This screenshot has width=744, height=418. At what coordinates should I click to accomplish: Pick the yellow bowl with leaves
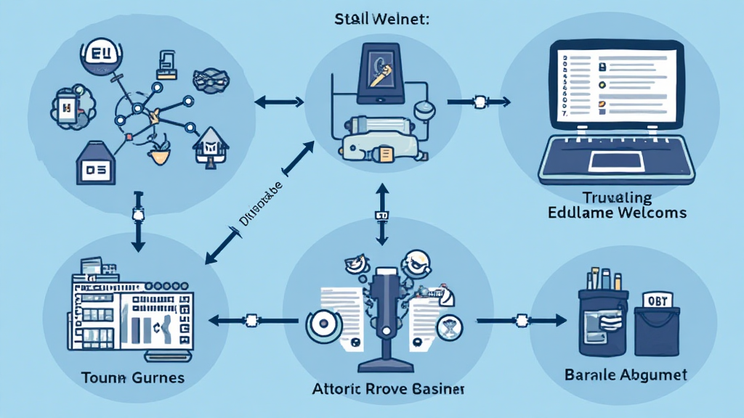[x=158, y=153]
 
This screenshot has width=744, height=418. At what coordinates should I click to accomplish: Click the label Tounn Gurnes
[x=134, y=378]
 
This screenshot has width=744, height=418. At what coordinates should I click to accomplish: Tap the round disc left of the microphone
[x=321, y=327]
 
